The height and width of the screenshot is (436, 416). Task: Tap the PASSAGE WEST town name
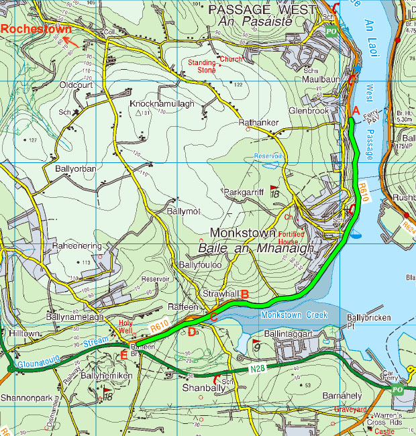[261, 9]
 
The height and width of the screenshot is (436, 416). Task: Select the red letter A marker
[356, 109]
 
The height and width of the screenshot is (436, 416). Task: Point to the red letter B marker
[245, 294]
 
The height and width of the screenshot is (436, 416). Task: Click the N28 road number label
[258, 368]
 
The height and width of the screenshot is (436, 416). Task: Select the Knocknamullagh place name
[163, 104]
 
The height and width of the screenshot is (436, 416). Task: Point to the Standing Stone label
[201, 66]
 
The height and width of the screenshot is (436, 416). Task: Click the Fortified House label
[290, 237]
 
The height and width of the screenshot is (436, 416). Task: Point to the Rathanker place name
[260, 122]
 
